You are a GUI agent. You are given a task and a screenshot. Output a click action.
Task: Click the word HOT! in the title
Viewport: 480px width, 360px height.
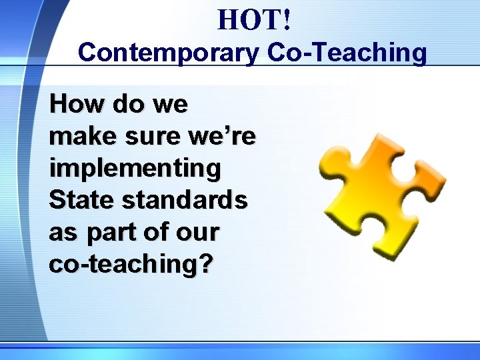click(253, 21)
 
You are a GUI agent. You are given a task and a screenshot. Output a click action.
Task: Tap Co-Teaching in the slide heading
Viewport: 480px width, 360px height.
click(347, 53)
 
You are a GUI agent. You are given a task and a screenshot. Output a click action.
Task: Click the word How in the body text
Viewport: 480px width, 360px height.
click(71, 104)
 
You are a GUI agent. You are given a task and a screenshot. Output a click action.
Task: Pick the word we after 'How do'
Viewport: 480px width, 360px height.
click(170, 105)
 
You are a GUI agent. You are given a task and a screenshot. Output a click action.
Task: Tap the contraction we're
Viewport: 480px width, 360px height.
click(224, 137)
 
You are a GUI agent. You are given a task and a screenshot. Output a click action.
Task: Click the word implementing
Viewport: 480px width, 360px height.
click(135, 169)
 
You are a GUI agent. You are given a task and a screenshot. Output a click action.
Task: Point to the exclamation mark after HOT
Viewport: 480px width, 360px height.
click(286, 21)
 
